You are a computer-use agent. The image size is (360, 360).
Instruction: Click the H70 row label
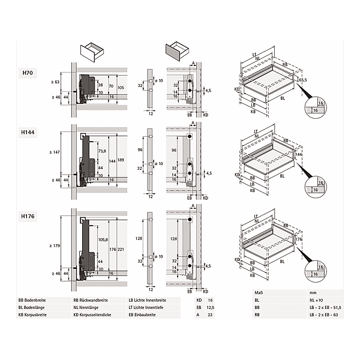point(28,73)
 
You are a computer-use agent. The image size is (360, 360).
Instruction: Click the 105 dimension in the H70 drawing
point(121,88)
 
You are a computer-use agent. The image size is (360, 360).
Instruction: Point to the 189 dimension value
point(121,160)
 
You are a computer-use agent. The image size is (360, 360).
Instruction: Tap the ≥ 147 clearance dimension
point(55,154)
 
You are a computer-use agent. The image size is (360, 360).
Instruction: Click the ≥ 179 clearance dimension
point(55,245)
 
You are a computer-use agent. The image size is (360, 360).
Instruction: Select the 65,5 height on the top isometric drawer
point(303,79)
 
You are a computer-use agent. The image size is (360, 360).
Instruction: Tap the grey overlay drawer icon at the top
point(175,50)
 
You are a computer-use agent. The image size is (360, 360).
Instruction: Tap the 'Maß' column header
point(242,293)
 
